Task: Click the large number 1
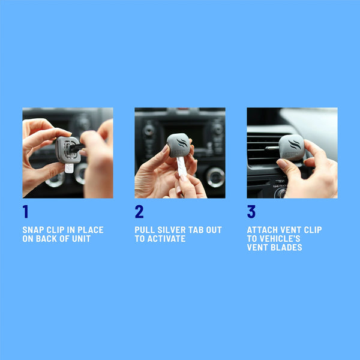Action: (x=26, y=212)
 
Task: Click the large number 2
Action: (x=139, y=212)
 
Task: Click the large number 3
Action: (x=251, y=212)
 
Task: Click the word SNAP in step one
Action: (x=33, y=230)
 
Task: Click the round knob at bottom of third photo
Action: (x=280, y=193)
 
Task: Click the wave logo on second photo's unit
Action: (x=179, y=143)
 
